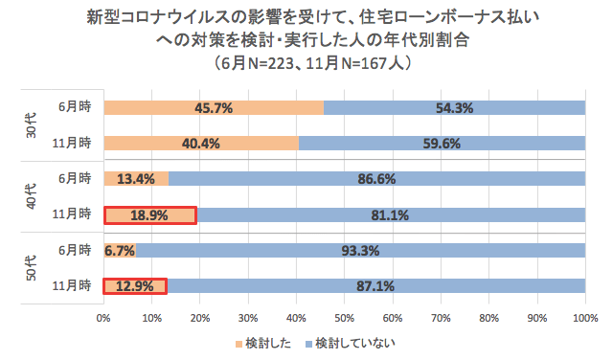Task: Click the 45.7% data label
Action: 214,108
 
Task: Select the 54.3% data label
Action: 455,108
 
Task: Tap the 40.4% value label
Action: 201,144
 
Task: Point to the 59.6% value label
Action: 442,144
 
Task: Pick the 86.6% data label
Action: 376,178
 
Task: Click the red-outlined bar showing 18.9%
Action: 150,215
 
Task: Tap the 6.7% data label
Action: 120,250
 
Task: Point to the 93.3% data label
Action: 360,250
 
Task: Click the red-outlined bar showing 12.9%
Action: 136,285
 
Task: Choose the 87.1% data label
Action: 375,285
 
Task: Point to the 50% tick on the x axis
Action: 344,317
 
